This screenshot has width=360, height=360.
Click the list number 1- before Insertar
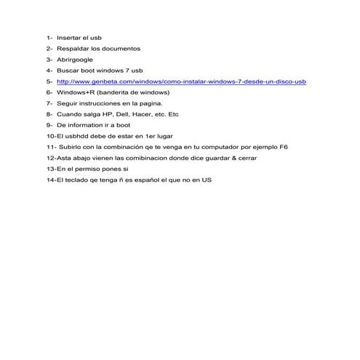49,37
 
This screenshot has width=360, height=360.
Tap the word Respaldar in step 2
71,48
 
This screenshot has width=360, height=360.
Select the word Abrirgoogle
75,60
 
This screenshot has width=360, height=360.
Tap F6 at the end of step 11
284,147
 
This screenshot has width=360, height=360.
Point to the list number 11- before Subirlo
49,147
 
